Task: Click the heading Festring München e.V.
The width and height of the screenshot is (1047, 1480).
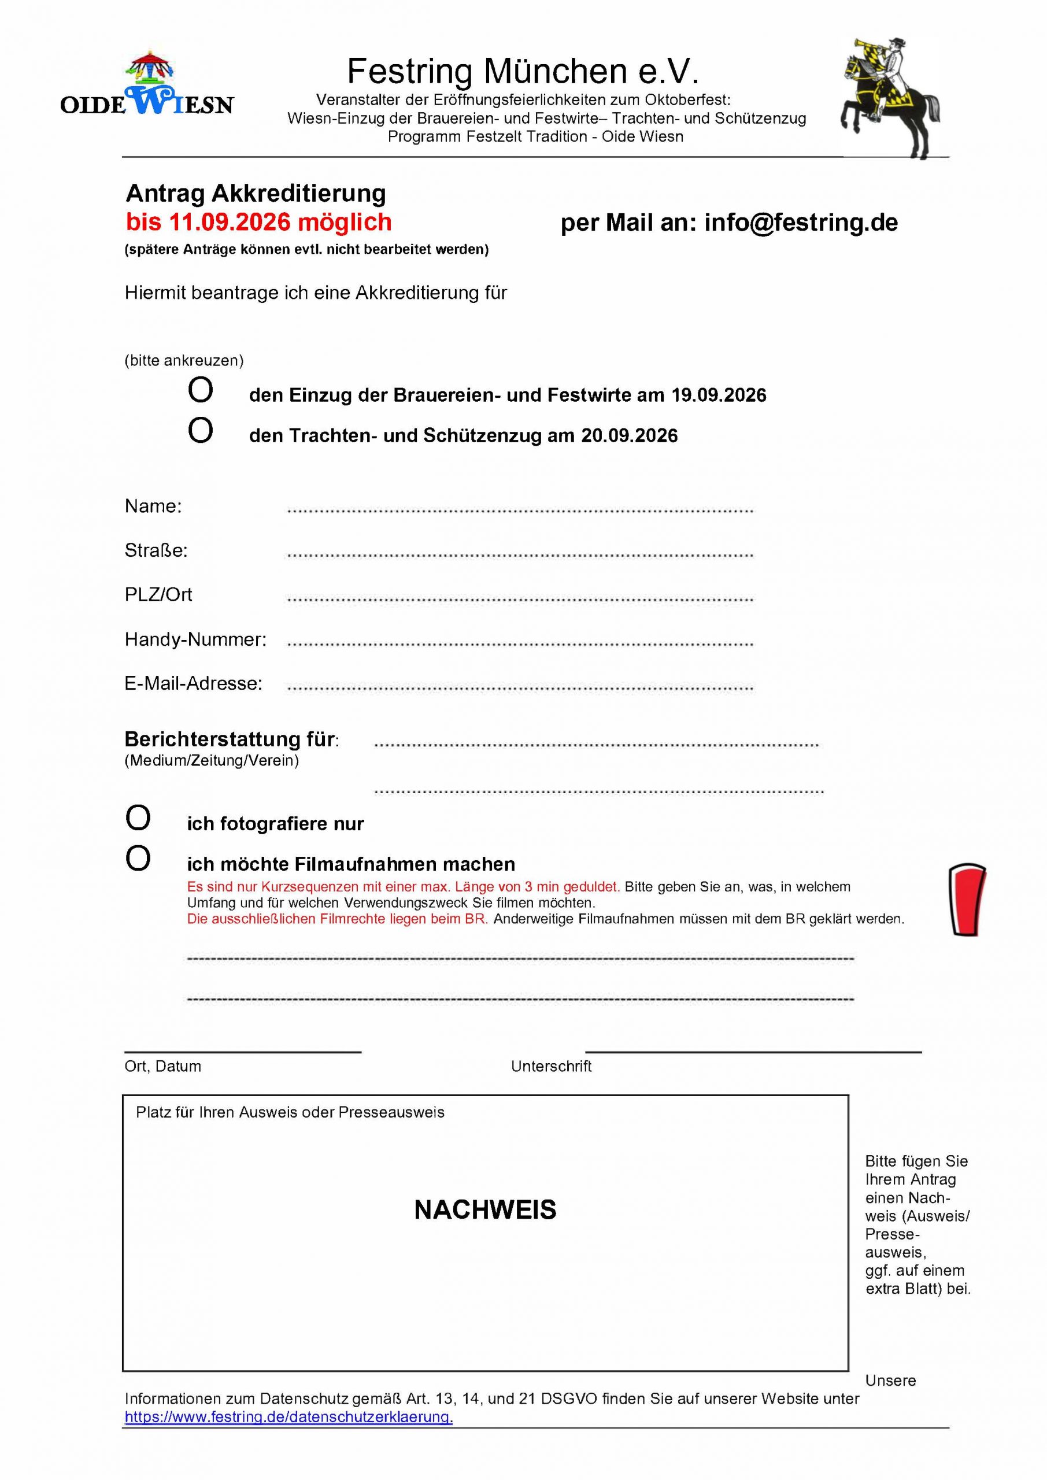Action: (523, 71)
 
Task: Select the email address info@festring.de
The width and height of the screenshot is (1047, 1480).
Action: (801, 223)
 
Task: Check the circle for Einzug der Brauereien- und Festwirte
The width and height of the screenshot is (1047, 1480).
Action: (201, 390)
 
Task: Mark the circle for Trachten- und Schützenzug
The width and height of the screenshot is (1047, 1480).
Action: (201, 431)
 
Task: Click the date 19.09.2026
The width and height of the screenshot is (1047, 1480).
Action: (718, 395)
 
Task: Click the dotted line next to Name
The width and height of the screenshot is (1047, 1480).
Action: (520, 510)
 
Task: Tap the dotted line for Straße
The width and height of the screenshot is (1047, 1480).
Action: (520, 554)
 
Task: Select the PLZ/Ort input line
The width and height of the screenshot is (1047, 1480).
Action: (520, 599)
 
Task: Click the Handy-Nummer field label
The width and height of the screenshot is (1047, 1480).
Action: (195, 639)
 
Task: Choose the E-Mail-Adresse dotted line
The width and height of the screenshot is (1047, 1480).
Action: (520, 688)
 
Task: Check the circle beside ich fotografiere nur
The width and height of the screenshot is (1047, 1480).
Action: (138, 819)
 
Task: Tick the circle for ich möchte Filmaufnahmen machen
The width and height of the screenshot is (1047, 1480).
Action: (138, 859)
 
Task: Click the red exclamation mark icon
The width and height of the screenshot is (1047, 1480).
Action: (967, 899)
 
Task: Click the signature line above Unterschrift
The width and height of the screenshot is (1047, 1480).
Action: (753, 1052)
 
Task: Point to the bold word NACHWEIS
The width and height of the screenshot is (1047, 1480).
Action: (485, 1210)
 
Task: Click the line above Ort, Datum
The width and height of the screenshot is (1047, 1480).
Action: (242, 1052)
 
